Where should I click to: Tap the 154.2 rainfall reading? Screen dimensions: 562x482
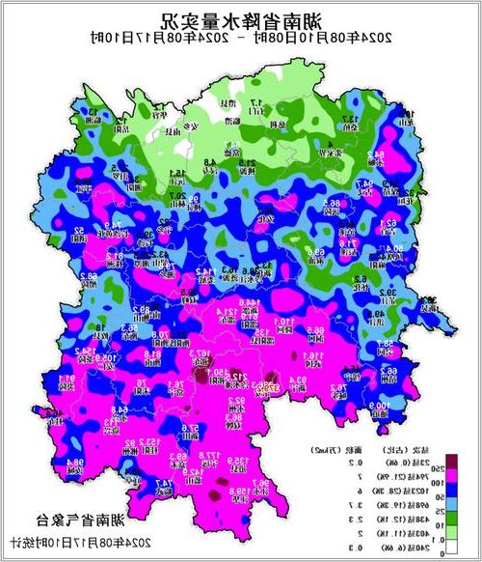tap(85, 351)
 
